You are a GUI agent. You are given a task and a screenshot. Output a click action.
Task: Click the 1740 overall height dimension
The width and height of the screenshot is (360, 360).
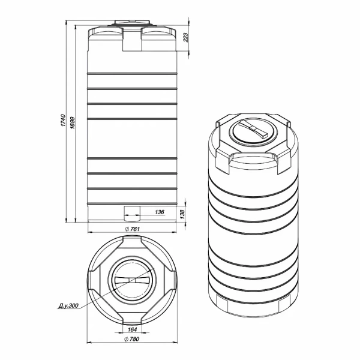[63, 120]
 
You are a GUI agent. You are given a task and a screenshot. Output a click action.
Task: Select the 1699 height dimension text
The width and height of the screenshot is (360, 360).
[73, 122]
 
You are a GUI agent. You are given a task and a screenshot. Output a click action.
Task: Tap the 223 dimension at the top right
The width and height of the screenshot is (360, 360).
[185, 37]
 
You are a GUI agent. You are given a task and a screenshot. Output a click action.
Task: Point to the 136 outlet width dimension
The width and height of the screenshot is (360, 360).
[160, 212]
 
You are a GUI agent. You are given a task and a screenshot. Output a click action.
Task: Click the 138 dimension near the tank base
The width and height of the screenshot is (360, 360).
[182, 214]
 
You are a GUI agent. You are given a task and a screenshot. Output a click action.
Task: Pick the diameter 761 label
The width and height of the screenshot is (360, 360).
[133, 229]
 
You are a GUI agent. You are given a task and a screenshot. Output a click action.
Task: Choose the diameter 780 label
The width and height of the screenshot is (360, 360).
[131, 339]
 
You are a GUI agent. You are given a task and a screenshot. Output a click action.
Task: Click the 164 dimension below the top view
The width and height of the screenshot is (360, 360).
[132, 329]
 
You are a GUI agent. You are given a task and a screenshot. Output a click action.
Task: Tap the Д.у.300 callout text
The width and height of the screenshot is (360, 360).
[68, 306]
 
